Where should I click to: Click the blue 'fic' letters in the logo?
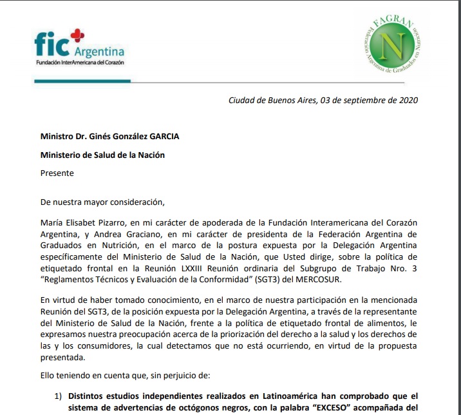pos(50,44)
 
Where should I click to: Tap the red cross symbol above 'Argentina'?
pos(77,35)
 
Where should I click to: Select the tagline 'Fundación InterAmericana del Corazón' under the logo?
pos(80,63)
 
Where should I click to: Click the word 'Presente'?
pos(57,173)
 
